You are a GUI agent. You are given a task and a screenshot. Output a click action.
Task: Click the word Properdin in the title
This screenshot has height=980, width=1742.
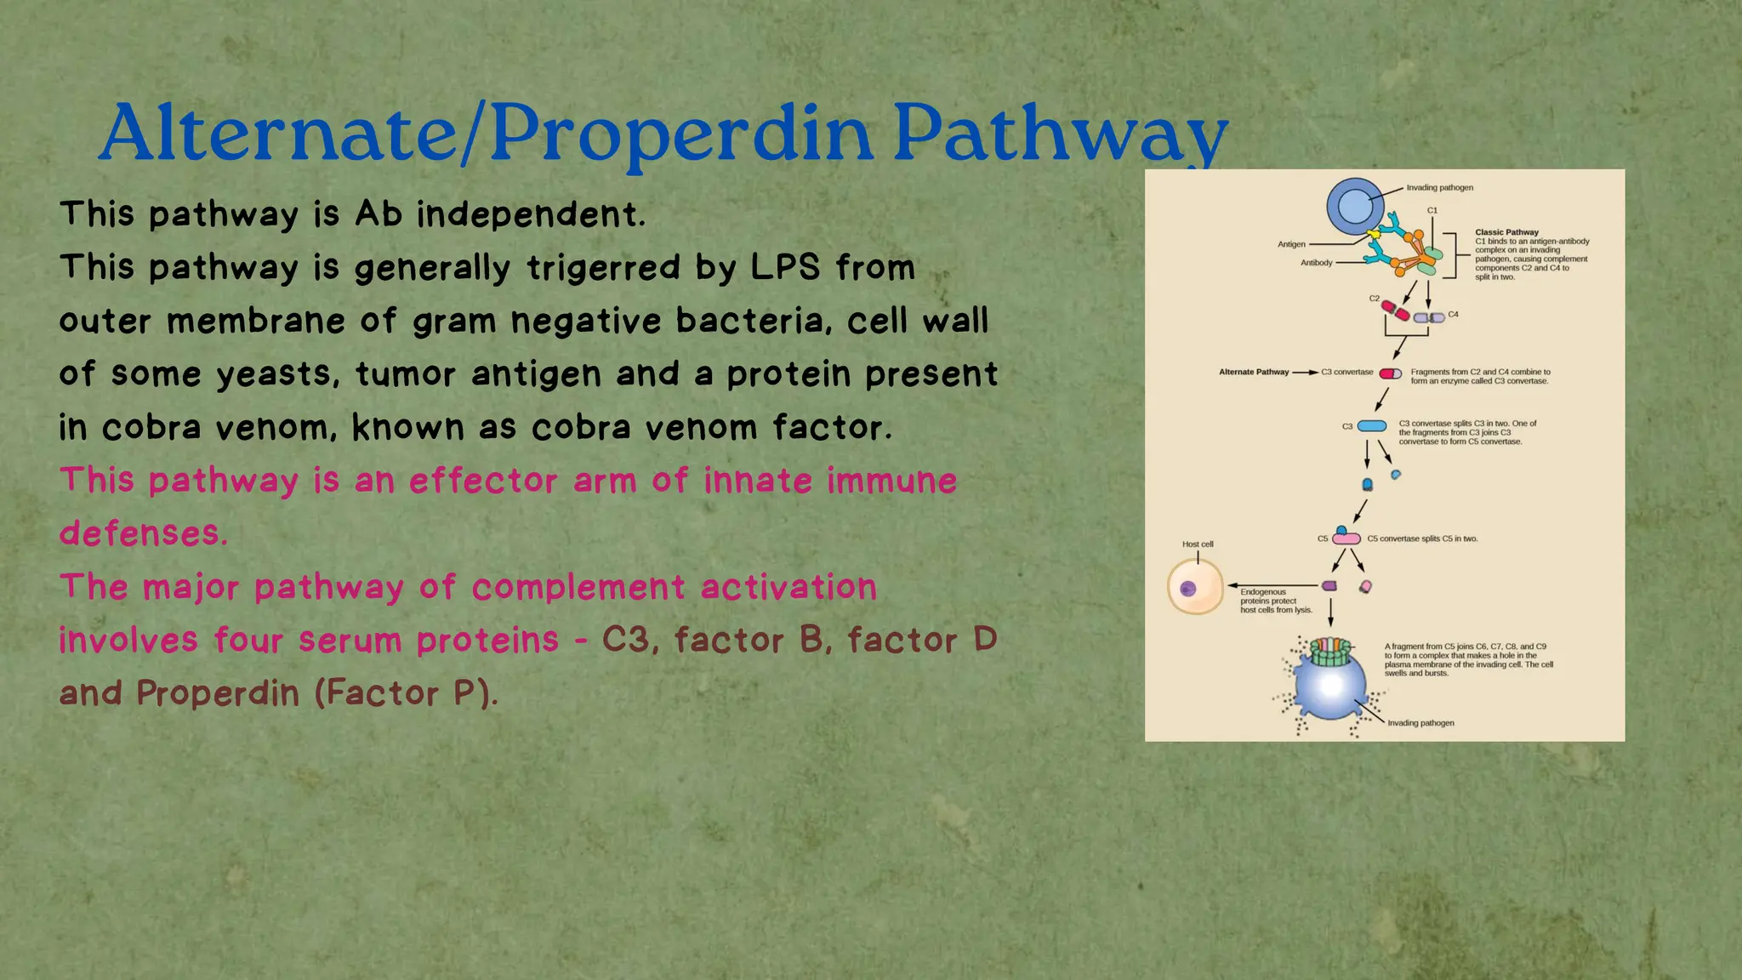click(680, 134)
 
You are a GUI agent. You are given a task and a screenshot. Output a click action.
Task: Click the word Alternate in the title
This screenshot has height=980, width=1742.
click(278, 134)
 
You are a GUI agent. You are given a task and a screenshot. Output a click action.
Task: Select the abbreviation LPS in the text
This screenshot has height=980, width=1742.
click(785, 267)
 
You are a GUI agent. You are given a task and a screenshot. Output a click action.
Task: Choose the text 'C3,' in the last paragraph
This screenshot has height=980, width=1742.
click(629, 640)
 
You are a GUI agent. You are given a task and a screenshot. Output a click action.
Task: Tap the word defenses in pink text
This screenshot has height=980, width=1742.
click(143, 534)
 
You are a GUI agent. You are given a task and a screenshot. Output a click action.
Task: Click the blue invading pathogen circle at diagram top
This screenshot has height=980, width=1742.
click(1355, 207)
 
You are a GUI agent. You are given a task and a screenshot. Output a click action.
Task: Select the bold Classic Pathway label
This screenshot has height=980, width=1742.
click(1506, 232)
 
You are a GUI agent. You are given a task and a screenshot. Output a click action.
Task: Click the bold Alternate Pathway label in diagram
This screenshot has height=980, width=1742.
click(1253, 372)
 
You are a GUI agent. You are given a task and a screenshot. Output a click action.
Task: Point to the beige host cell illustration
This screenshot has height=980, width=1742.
click(1195, 587)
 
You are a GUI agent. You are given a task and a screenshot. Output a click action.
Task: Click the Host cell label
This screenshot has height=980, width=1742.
click(1198, 544)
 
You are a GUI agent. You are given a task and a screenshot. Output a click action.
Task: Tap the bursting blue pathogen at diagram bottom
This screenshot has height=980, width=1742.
click(1330, 686)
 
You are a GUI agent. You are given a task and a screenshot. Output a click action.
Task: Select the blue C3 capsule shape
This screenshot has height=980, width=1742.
click(1371, 426)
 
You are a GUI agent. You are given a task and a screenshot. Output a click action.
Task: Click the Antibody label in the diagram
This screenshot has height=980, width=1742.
click(1316, 263)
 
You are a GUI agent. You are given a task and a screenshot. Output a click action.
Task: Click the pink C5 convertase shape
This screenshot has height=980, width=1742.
click(1346, 538)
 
